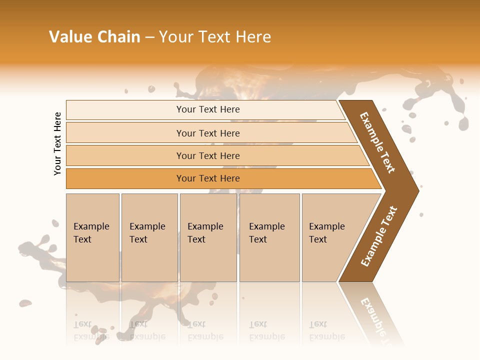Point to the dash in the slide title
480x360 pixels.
[x=149, y=37]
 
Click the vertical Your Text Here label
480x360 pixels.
[x=57, y=143]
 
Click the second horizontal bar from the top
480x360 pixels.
[x=208, y=133]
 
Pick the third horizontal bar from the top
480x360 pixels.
[x=208, y=155]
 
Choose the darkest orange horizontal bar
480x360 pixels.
[x=208, y=178]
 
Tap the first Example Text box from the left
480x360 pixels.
[x=92, y=237]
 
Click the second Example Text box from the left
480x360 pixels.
[x=149, y=237]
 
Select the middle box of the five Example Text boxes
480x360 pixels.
[x=208, y=237]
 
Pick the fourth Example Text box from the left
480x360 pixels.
[x=269, y=237]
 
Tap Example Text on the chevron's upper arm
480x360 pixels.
[x=377, y=142]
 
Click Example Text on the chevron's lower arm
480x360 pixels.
[x=379, y=236]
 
